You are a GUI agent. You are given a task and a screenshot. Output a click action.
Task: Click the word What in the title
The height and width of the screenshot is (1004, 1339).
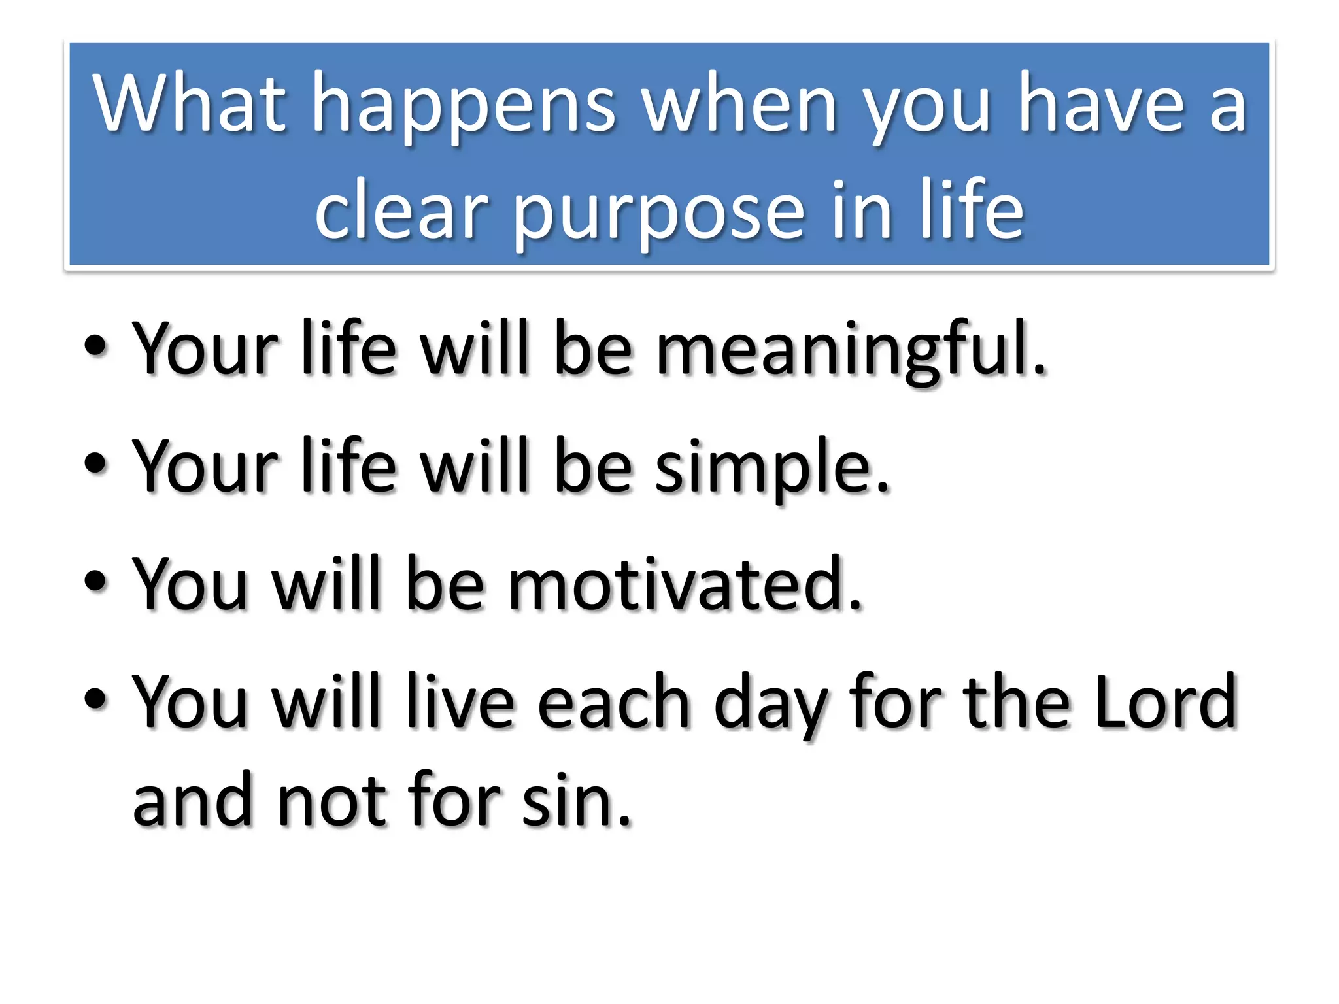point(190,103)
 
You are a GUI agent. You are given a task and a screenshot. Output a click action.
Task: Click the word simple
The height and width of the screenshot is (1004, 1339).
point(772,467)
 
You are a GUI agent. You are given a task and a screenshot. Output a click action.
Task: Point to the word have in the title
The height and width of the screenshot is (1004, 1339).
point(1101,103)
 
